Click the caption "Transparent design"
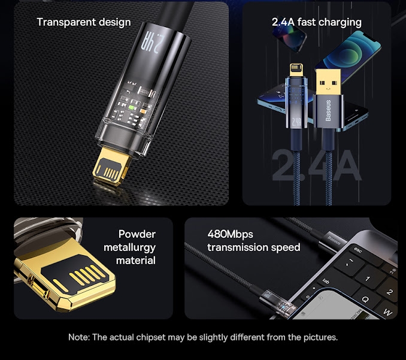(83, 22)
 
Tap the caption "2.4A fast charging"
(316, 22)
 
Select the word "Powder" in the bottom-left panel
(137, 234)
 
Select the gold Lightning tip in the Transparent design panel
(116, 168)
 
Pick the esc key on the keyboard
(359, 251)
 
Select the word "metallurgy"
(129, 247)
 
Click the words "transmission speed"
(253, 247)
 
